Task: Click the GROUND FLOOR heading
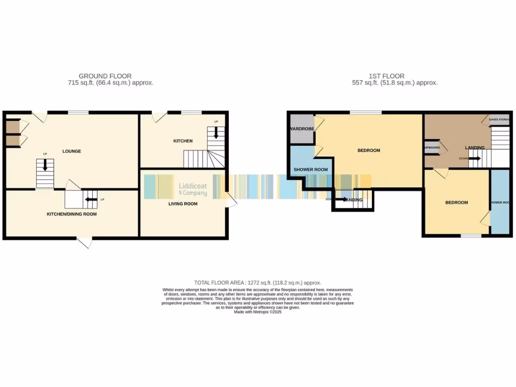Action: [x=105, y=76]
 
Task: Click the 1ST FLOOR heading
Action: [x=385, y=76]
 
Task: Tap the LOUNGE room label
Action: [x=72, y=151]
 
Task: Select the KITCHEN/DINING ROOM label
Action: [x=72, y=214]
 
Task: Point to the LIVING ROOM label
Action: [x=183, y=204]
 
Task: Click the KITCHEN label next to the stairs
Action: [x=183, y=141]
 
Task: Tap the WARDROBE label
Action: [x=302, y=129]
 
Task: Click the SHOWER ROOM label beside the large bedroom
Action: [x=310, y=170]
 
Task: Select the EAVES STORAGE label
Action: [x=499, y=119]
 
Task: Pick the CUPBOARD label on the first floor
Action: [x=431, y=148]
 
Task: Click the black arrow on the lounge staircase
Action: [x=45, y=165]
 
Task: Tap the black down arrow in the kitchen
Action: [x=216, y=133]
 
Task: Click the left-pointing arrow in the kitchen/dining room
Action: [x=91, y=200]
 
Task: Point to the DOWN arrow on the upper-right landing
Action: [x=474, y=159]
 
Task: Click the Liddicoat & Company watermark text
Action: [x=193, y=189]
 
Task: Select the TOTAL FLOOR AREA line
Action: [x=257, y=283]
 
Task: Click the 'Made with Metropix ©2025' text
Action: [x=257, y=312]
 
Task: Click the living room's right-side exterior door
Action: [x=231, y=200]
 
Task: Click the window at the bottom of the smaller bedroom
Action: [x=471, y=236]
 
